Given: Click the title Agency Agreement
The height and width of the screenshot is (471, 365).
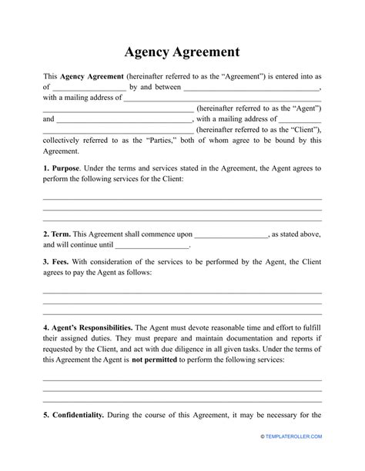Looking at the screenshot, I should tap(182, 52).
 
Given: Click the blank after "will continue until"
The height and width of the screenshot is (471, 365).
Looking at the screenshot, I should tap(152, 246).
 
